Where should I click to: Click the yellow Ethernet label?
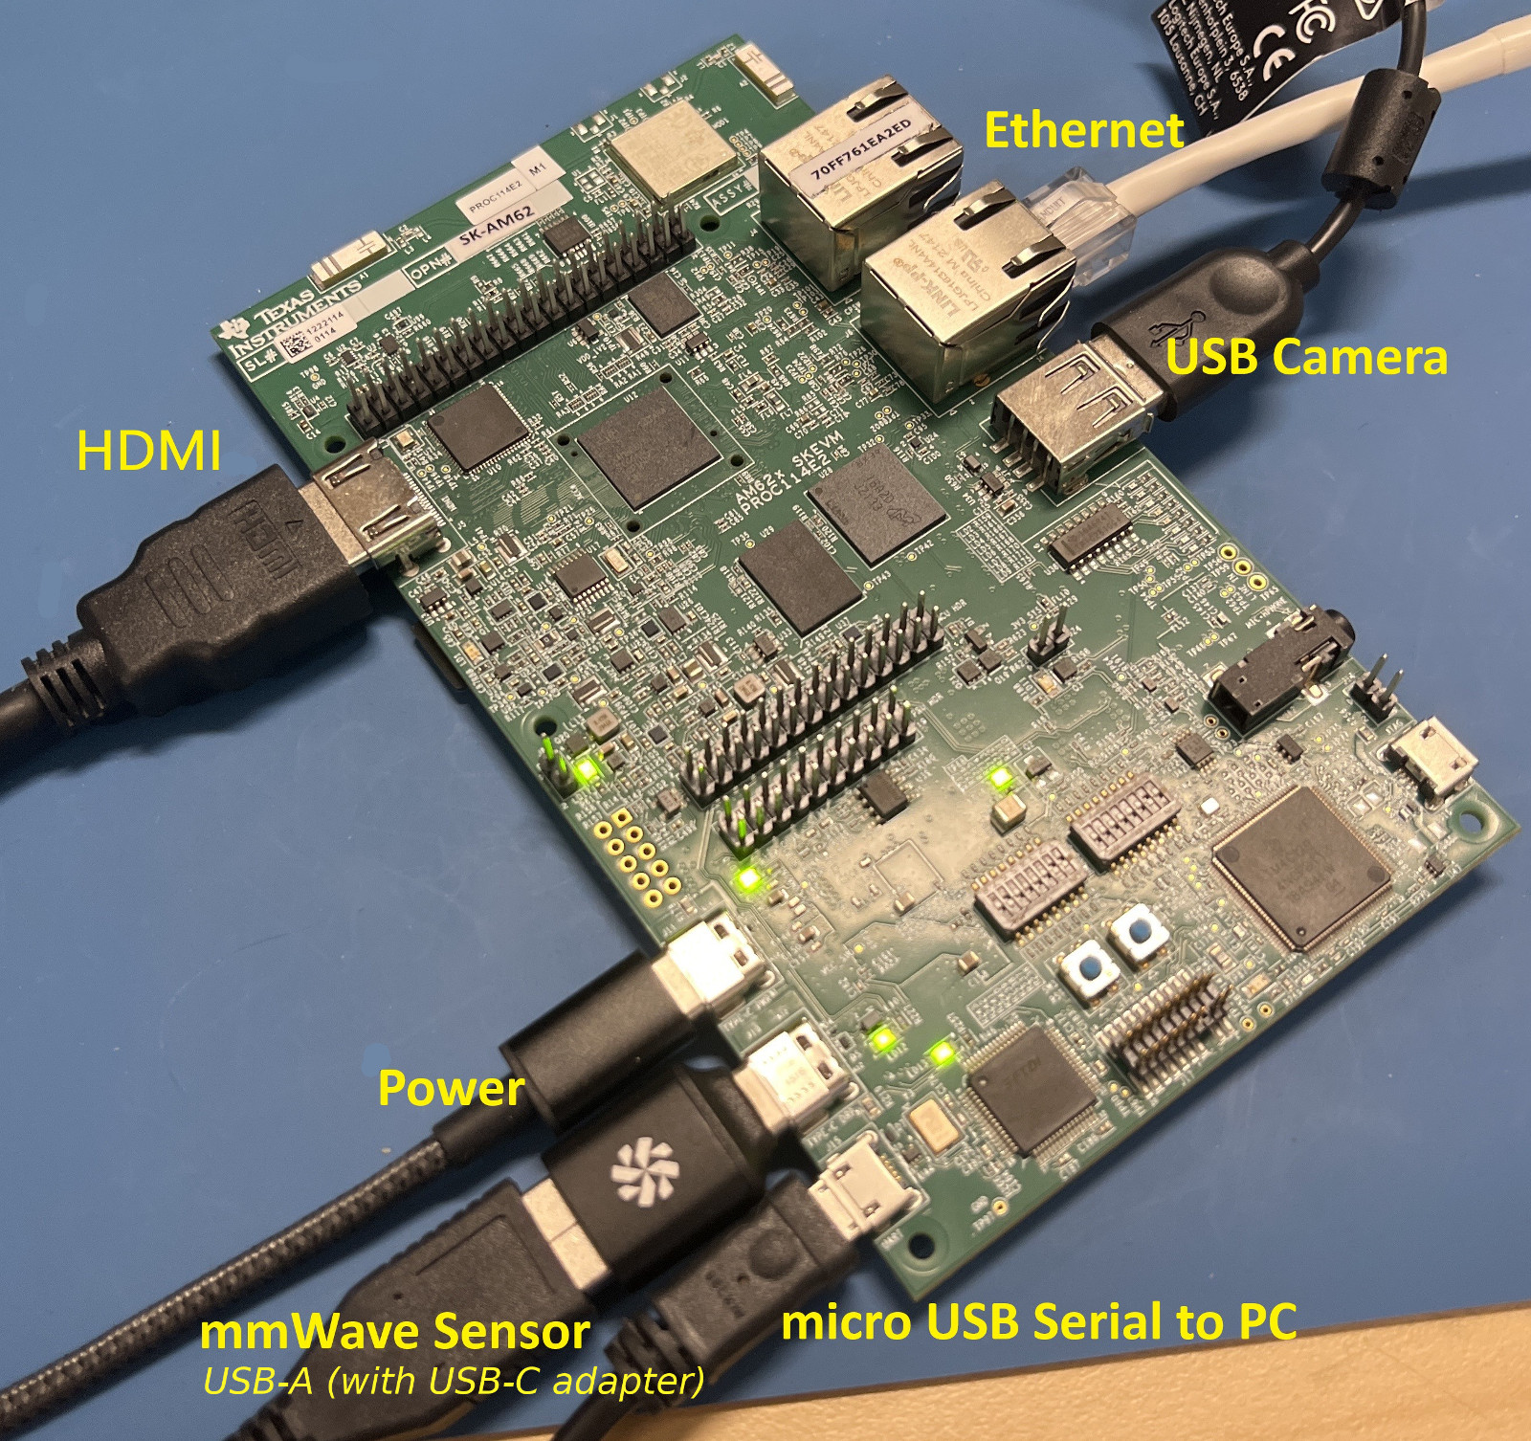point(1083,131)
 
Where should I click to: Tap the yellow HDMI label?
point(149,450)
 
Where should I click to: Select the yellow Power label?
point(451,1088)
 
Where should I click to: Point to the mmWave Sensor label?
point(394,1331)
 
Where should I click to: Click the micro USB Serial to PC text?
point(1038,1322)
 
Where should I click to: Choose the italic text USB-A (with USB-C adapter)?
point(454,1380)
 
